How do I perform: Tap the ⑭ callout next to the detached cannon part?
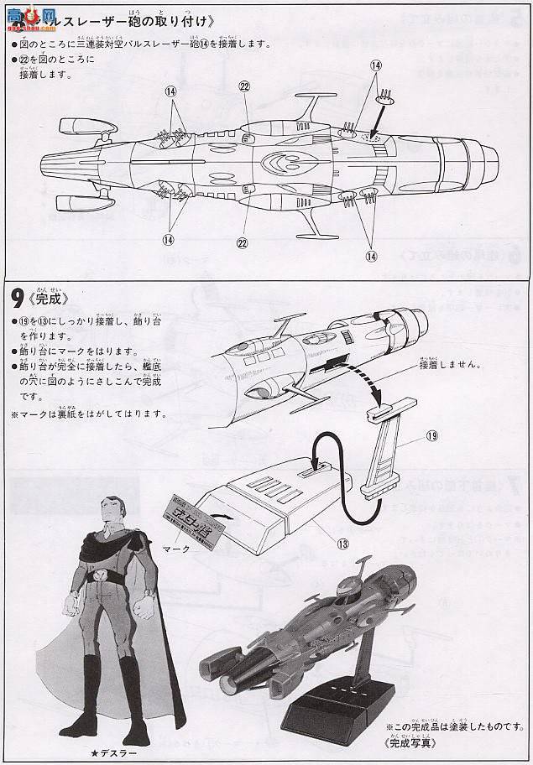[375, 65]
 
